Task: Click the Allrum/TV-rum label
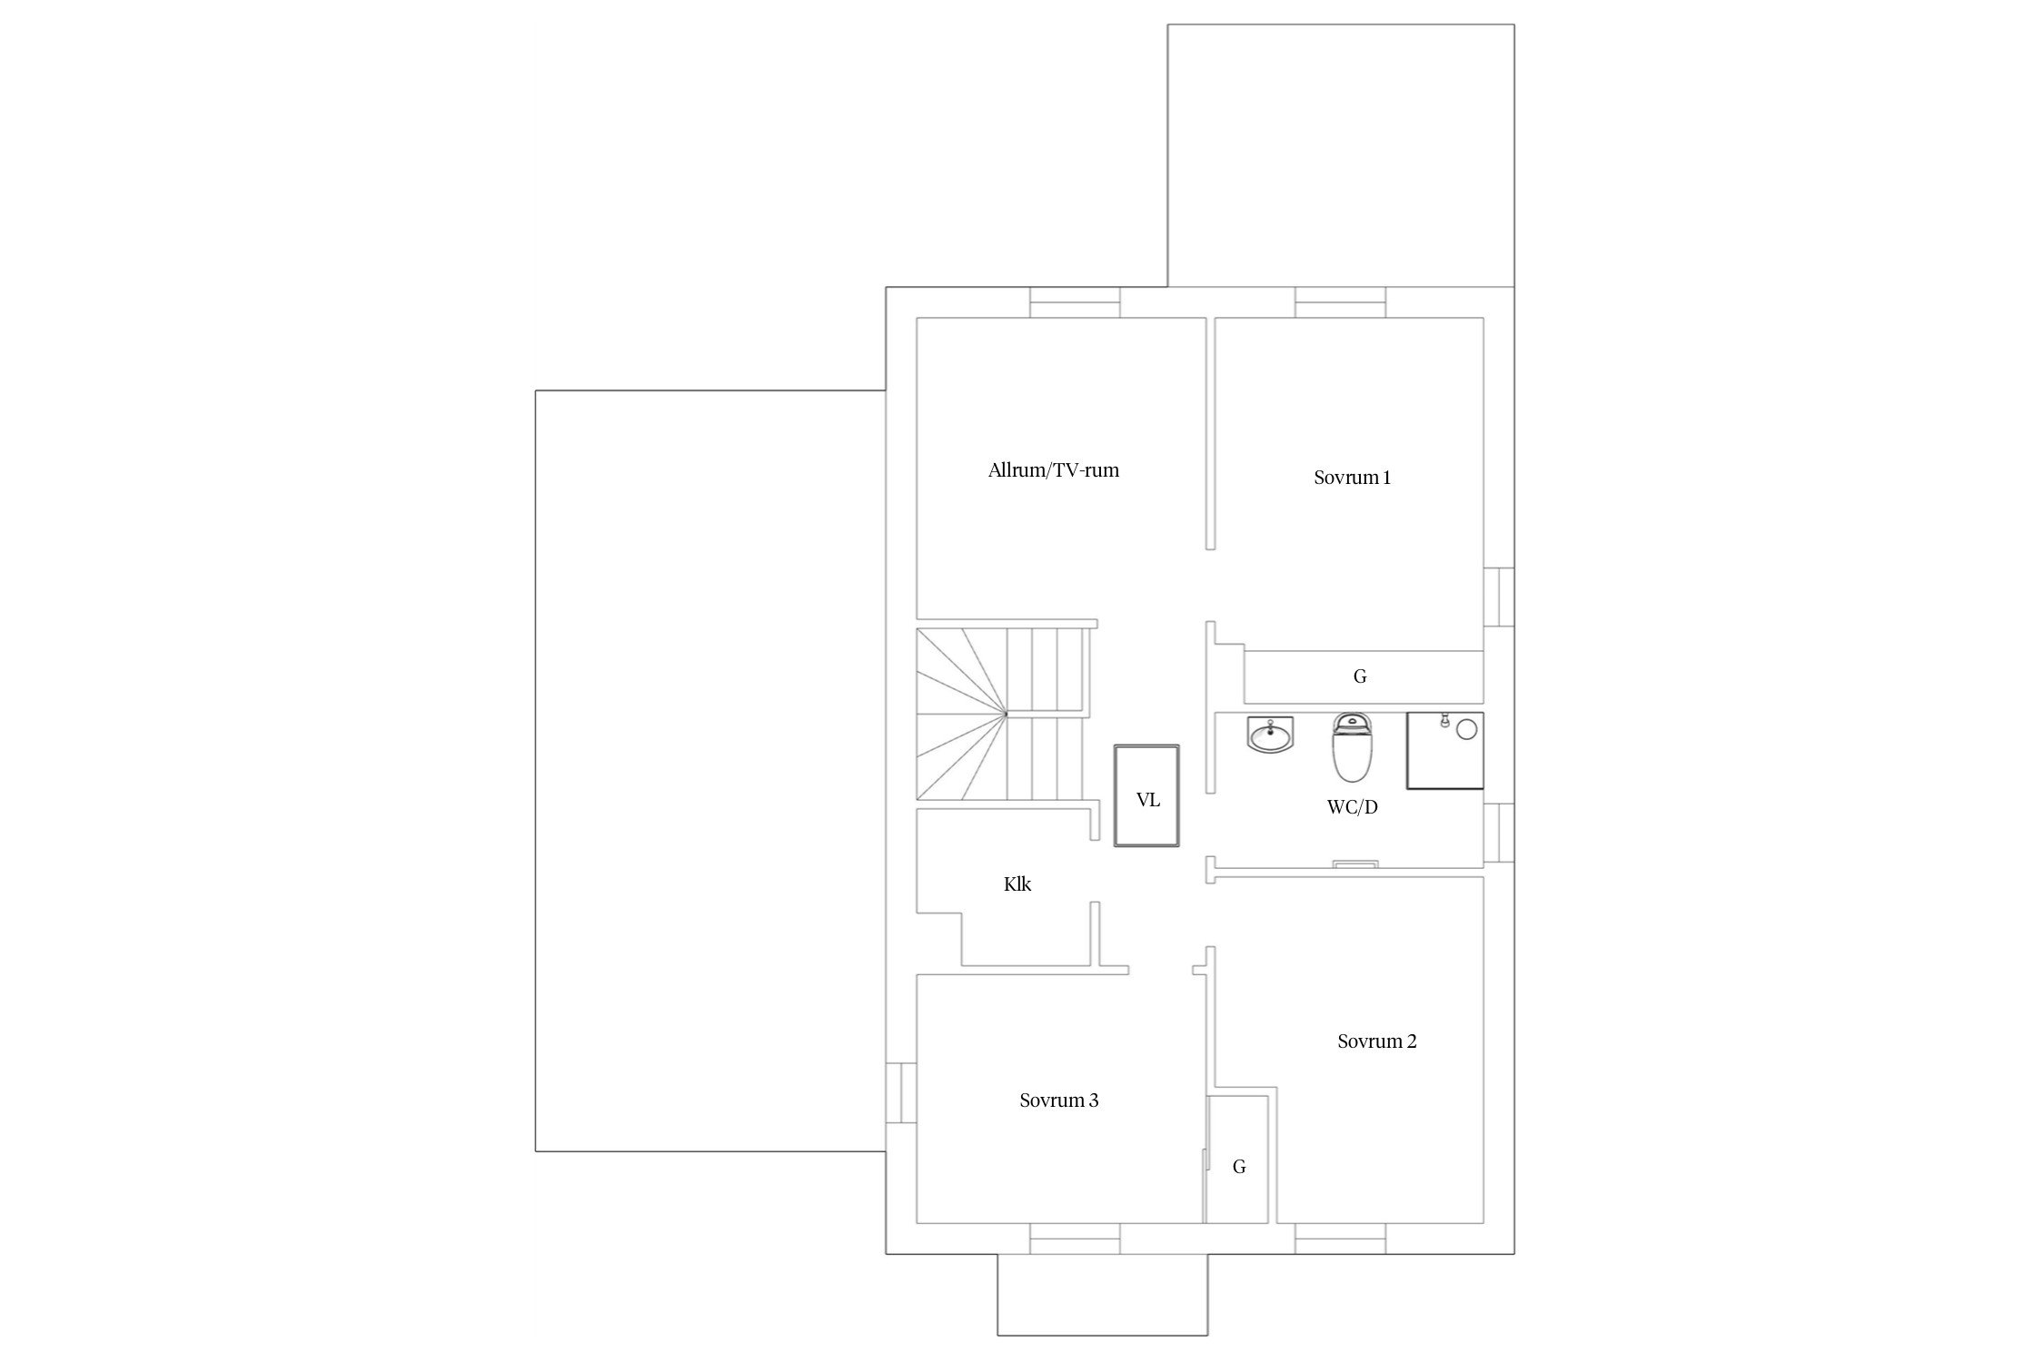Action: [1054, 470]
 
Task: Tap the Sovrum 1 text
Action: [1352, 478]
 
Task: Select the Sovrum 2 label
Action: [1376, 1041]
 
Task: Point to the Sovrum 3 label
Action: [1058, 1100]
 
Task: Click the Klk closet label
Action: [1017, 883]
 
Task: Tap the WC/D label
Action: [1352, 806]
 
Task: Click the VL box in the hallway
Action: [1147, 796]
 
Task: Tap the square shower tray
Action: [1444, 750]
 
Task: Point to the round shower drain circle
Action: [1466, 730]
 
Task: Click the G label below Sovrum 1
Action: [1360, 676]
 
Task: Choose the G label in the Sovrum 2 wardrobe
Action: [1239, 1167]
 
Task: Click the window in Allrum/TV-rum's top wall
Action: [1075, 302]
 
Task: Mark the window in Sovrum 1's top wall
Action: [1341, 302]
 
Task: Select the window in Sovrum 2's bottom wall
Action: [1341, 1239]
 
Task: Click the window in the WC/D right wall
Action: [1499, 833]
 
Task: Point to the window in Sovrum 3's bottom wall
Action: [1075, 1239]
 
